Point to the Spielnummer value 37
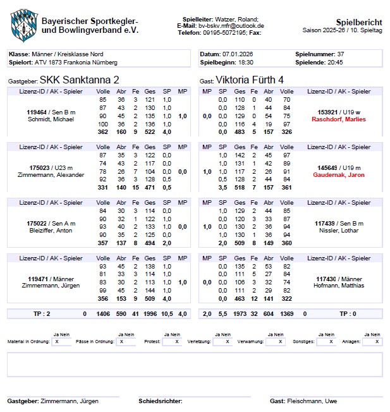(340, 54)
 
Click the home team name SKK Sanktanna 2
(79, 80)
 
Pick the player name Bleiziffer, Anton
(50, 231)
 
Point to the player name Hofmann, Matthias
(339, 286)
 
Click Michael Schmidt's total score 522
(150, 132)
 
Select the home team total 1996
(150, 313)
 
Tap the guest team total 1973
(240, 313)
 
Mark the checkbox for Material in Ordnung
(59, 341)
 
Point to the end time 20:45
(336, 63)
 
